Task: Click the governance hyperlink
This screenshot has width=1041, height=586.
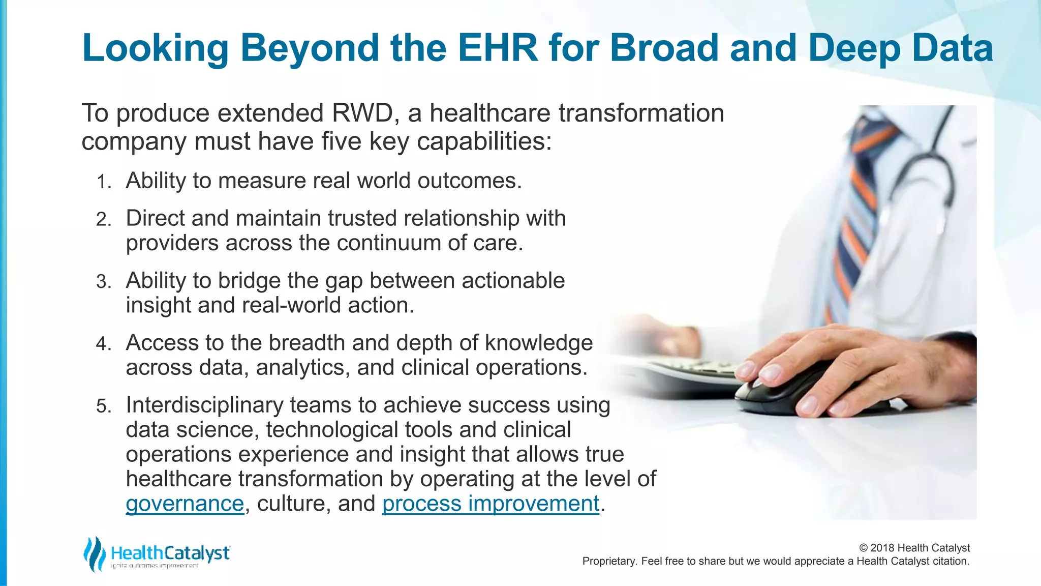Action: coord(185,504)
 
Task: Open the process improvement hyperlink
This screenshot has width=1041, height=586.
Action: coord(491,504)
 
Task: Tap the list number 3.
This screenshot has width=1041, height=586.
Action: coord(103,282)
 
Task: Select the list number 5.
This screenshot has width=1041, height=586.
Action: coord(103,406)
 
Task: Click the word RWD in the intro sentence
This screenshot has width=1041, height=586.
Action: coord(361,113)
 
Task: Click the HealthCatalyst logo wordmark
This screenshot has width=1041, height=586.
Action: coord(170,553)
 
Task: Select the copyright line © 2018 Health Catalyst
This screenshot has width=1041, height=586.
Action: coord(914,548)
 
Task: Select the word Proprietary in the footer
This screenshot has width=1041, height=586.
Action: coord(608,561)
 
